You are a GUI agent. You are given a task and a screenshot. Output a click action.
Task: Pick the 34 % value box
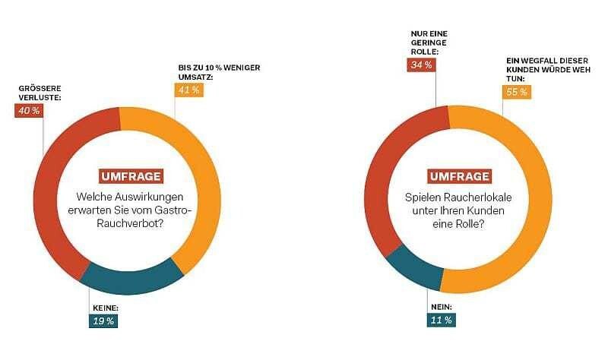[x=421, y=65]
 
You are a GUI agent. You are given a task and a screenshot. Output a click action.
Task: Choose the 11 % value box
[x=440, y=320]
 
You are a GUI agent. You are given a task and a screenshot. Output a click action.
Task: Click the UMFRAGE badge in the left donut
[x=130, y=176]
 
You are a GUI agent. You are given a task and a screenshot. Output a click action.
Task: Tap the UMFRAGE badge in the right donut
[x=459, y=177]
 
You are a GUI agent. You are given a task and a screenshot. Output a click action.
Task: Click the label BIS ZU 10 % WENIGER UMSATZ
[x=214, y=72]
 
